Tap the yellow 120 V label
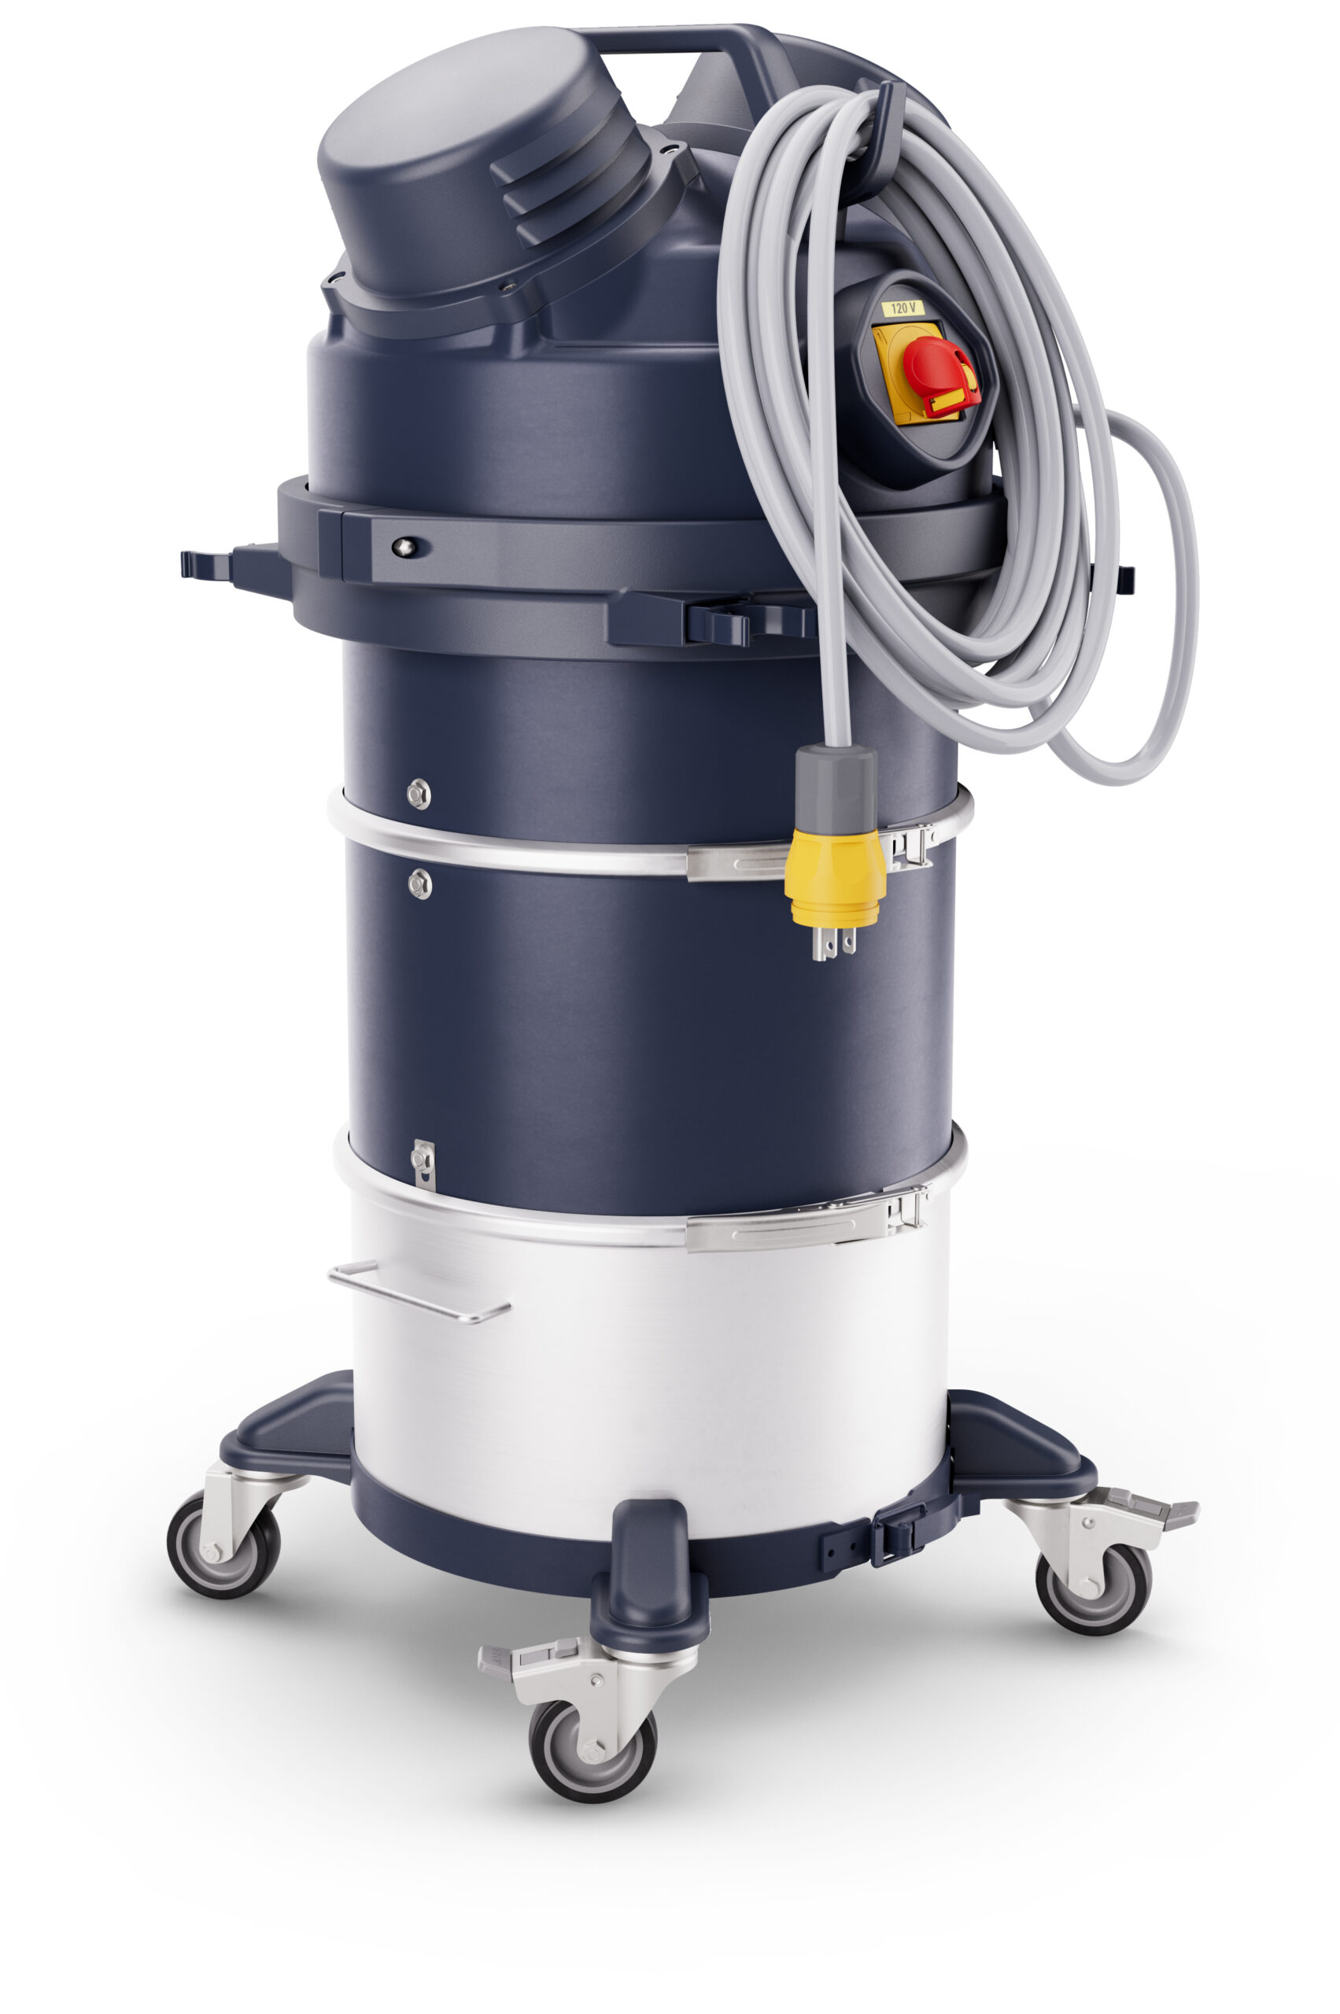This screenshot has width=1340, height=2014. tap(903, 308)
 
